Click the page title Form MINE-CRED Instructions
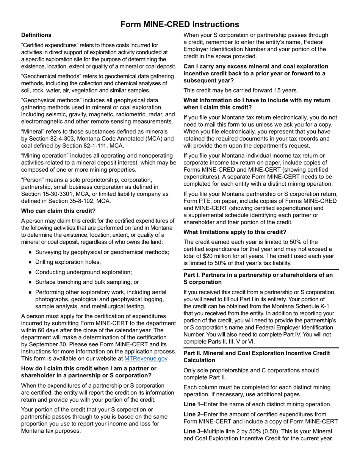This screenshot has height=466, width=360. (180, 25)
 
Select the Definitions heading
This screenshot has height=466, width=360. (36, 35)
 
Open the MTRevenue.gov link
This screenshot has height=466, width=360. (146, 358)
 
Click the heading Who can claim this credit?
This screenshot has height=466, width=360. (58, 211)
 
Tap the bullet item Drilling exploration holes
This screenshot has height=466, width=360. (68, 262)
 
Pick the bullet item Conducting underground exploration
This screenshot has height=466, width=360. (83, 272)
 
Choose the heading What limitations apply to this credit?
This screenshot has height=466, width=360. (235, 232)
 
